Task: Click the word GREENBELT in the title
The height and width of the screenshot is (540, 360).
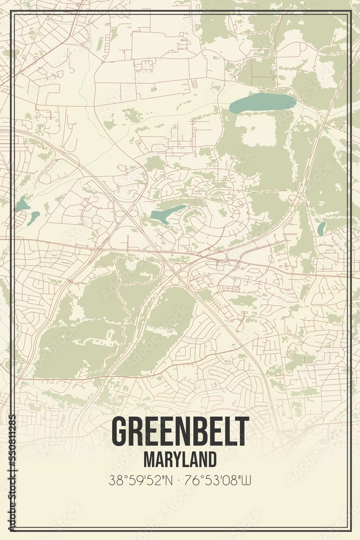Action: coord(180,431)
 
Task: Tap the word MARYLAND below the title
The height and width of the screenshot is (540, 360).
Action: coord(180,458)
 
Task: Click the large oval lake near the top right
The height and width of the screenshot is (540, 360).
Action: coord(262,103)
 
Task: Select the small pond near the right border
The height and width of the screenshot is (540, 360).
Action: coord(321,229)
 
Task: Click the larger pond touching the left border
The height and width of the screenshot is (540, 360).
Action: coord(22,205)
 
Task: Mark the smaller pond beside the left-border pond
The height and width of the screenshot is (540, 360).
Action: coord(34,217)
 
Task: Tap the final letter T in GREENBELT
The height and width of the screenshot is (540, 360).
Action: coord(243,431)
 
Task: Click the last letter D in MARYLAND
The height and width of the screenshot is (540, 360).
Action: coord(212,458)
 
